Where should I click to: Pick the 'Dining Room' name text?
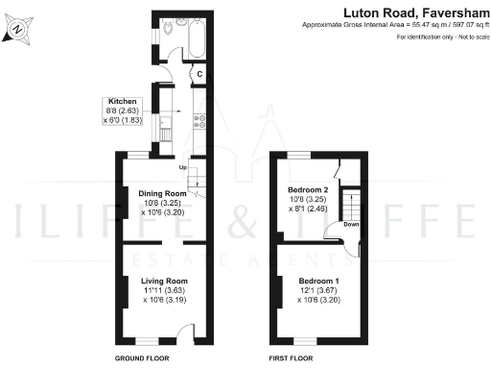[x=163, y=193]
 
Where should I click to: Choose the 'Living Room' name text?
[x=160, y=281]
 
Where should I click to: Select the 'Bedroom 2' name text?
[x=308, y=190]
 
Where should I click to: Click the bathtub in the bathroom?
[x=197, y=37]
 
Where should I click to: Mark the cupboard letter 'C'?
[x=200, y=73]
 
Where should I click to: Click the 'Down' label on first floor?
[x=351, y=226]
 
